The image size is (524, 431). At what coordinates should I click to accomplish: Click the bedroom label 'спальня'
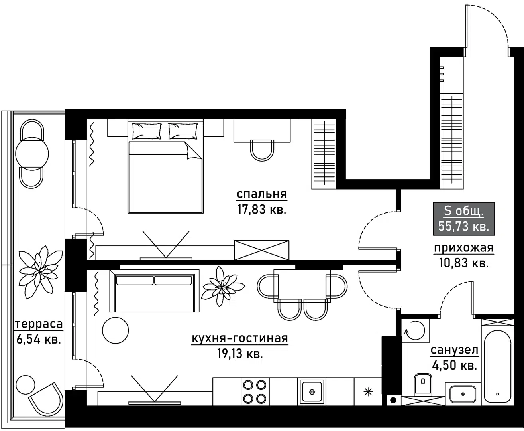(262, 194)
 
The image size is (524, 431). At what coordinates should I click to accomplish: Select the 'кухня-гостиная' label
(240, 338)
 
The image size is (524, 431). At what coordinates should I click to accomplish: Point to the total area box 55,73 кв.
(464, 219)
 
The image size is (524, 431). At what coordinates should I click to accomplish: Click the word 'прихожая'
(463, 248)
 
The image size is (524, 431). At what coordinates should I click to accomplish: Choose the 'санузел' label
(454, 350)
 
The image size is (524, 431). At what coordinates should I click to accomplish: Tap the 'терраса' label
(39, 324)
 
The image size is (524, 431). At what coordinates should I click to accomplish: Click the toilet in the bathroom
(423, 384)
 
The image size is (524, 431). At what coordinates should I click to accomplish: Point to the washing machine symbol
(415, 330)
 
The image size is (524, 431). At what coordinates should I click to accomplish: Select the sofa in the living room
(154, 291)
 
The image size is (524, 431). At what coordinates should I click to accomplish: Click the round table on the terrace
(32, 154)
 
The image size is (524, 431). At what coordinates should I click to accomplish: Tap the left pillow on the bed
(147, 131)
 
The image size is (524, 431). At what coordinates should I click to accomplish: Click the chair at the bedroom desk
(262, 150)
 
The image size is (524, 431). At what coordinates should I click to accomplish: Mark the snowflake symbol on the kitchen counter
(368, 392)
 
